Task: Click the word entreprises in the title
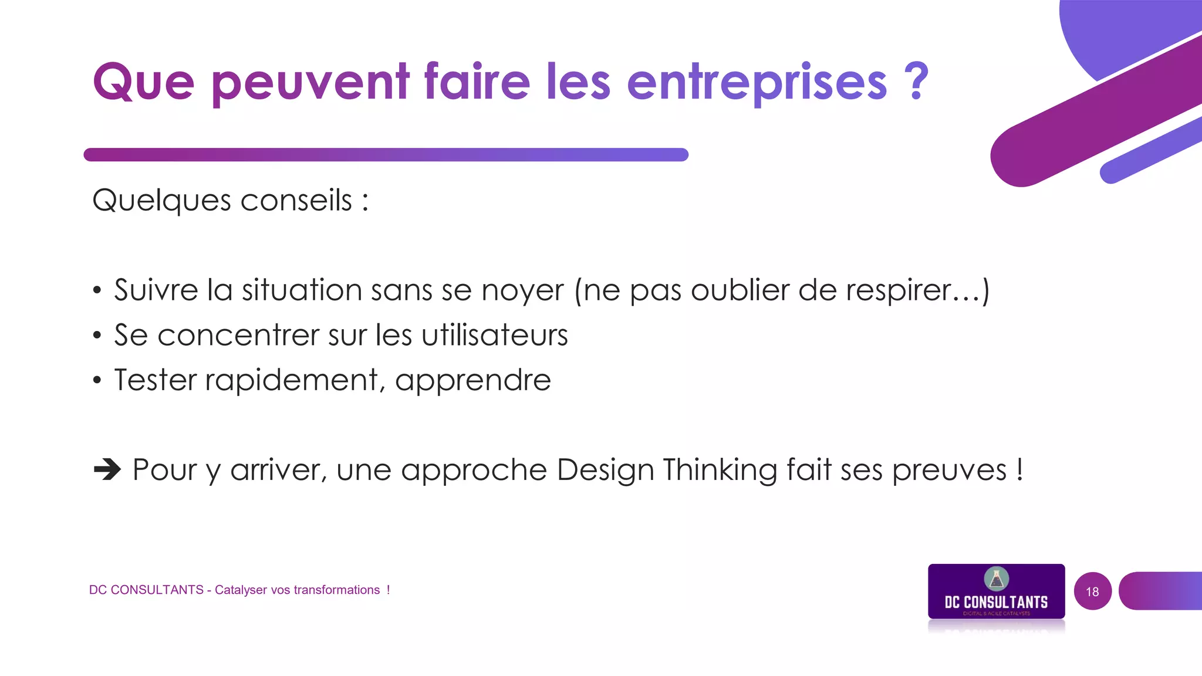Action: coord(757,83)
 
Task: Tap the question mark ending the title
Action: coord(916,81)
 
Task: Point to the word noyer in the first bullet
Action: coord(522,291)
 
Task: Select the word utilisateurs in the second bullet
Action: coord(495,335)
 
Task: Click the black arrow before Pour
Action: coord(107,469)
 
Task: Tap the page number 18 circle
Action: coord(1092,591)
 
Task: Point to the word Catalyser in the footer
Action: coord(240,590)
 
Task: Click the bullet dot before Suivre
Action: coord(97,290)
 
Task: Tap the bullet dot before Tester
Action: coord(97,380)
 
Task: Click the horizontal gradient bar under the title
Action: coord(386,155)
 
